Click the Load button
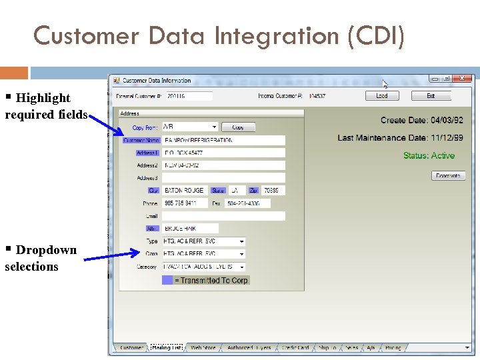382,96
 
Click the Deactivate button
448,176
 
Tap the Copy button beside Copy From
238,127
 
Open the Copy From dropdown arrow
214,127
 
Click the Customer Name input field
223,141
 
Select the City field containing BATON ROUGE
185,191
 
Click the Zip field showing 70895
273,191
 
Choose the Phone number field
185,203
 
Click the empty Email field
223,216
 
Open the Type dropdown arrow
241,241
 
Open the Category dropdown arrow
241,267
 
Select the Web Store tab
203,348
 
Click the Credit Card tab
295,348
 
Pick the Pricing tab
393,348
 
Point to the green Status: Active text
429,156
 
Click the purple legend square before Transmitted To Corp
167,281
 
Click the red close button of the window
463,79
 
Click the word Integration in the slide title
273,35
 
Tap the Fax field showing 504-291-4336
248,203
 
